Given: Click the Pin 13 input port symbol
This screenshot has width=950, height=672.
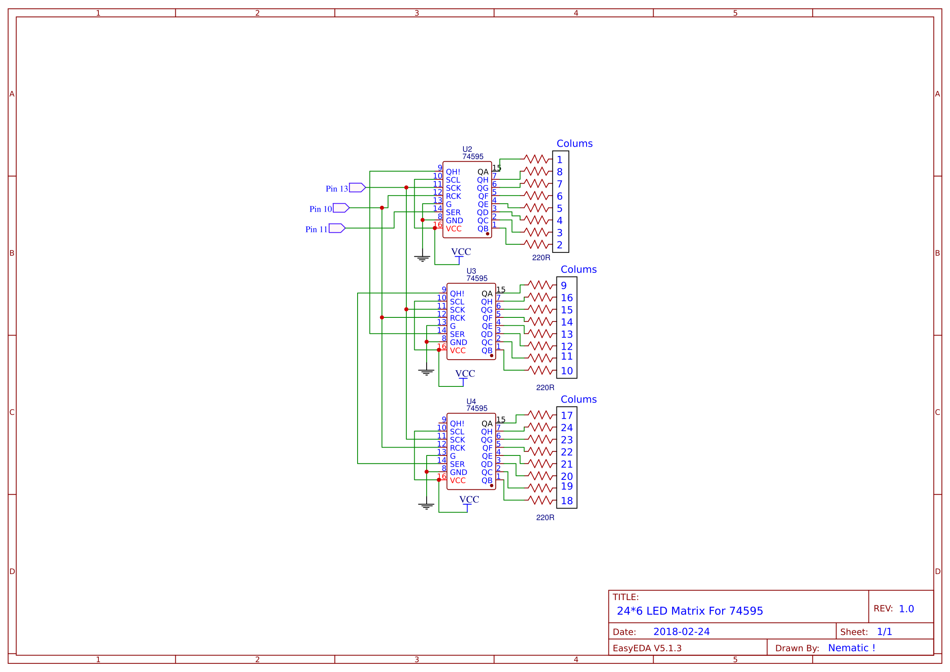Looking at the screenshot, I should point(357,188).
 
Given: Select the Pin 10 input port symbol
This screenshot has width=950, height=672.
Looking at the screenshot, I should point(341,208).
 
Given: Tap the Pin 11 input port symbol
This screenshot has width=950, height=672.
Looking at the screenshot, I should point(337,228).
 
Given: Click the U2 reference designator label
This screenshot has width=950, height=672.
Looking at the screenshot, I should point(467,149).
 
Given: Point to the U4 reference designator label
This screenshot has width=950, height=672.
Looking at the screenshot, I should point(471,401).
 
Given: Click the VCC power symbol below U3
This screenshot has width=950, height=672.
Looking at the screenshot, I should point(464,374).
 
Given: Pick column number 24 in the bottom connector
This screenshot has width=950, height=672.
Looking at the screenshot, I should point(566,428).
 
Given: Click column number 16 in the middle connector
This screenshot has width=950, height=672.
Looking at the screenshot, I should point(566,298).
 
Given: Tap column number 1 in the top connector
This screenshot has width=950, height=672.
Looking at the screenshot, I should point(559,160).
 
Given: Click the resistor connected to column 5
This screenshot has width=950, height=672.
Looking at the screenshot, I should point(536,208).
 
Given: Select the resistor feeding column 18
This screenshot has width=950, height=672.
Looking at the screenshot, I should point(541,500).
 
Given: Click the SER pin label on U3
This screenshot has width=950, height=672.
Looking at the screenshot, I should point(457,334).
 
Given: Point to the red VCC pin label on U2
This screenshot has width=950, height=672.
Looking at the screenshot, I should point(453,229).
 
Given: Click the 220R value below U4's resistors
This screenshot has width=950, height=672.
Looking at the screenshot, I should point(545,518).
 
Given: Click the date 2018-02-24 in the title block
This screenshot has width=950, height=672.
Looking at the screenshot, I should point(681,632).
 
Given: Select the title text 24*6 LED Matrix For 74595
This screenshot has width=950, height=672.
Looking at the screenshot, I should point(690,611).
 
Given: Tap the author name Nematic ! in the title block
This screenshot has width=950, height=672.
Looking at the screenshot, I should point(851,648).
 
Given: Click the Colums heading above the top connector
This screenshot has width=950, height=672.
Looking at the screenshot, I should point(574,143).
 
